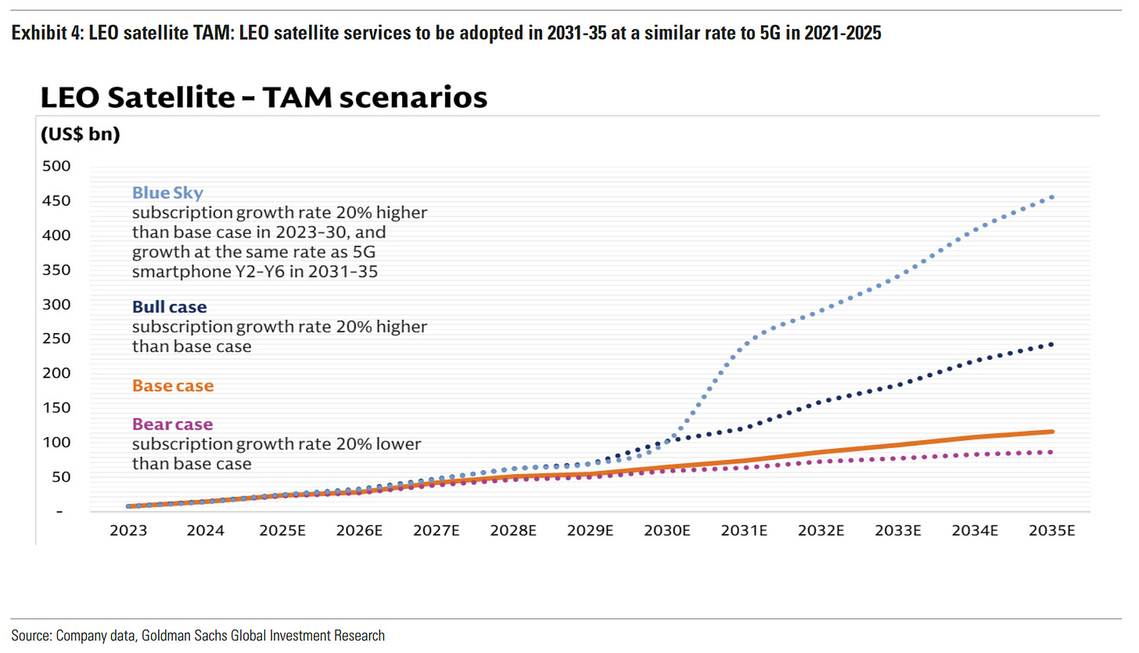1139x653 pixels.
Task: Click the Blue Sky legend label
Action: coord(167,192)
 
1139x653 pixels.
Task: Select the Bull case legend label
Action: coord(169,307)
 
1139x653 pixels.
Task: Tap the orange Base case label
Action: coord(172,386)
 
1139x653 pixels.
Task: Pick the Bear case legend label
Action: coord(172,425)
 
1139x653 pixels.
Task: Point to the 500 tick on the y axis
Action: coord(59,166)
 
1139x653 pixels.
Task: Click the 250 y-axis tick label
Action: coord(59,339)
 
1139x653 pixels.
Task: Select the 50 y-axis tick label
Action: coord(62,476)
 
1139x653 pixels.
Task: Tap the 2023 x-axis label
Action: coord(129,530)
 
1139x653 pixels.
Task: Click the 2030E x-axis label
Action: coord(667,530)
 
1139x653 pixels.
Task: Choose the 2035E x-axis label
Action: coord(1052,530)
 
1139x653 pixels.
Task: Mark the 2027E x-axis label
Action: coord(437,530)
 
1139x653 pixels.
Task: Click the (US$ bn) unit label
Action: coord(80,134)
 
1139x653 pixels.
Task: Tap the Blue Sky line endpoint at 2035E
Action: coord(1051,197)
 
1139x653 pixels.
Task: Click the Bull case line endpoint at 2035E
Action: coord(1051,344)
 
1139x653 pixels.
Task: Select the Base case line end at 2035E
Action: coord(1051,432)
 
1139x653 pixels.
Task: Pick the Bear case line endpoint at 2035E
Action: coord(1051,452)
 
